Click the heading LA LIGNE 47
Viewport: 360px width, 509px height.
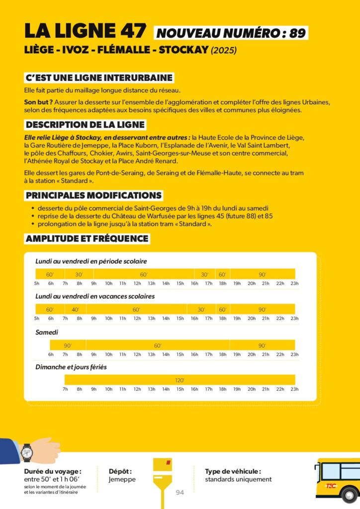(x=86, y=31)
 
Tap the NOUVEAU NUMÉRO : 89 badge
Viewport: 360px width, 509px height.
(x=231, y=33)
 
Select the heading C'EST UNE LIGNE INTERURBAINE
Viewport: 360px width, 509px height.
(x=99, y=78)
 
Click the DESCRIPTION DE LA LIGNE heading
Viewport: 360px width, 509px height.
(x=85, y=125)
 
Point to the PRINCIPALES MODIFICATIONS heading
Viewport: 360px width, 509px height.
(x=93, y=195)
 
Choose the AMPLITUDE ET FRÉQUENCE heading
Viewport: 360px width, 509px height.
(x=87, y=239)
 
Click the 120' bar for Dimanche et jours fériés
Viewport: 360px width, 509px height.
(x=180, y=380)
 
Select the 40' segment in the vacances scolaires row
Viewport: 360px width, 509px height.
(x=75, y=310)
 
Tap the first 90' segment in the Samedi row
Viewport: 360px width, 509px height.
(x=68, y=345)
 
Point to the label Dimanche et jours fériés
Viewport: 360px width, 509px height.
(x=71, y=367)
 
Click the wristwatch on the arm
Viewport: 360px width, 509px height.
(x=27, y=452)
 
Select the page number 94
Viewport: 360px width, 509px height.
(x=180, y=493)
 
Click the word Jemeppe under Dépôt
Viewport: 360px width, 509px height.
(x=122, y=479)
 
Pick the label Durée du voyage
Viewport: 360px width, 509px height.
(x=52, y=471)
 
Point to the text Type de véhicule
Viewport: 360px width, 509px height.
(x=233, y=471)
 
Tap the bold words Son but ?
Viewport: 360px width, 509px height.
(x=35, y=102)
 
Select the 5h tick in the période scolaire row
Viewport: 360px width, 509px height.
(x=37, y=283)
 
